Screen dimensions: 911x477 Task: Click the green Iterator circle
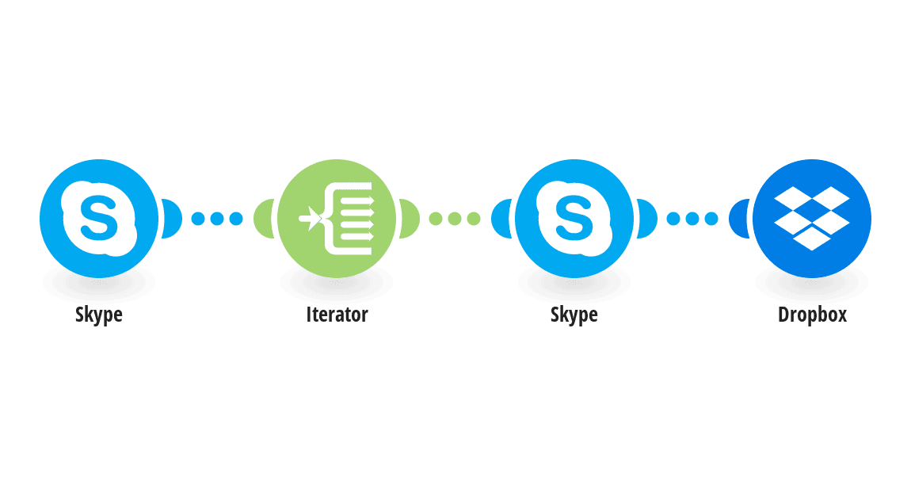[x=337, y=219]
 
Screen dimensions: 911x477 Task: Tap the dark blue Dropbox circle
[x=812, y=219]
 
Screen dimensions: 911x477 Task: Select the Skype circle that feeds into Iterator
[x=99, y=219]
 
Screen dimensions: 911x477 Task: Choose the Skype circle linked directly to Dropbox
[x=574, y=219]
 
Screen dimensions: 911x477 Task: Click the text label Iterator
[x=337, y=315]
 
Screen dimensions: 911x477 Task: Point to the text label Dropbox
[x=812, y=315]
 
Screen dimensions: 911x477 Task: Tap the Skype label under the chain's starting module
[x=99, y=315]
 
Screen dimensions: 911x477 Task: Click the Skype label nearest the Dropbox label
[x=574, y=315]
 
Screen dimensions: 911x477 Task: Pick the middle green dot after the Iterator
[x=455, y=219]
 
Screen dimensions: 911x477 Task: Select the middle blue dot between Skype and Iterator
[x=217, y=219]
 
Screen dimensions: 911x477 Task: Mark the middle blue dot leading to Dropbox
[x=692, y=219]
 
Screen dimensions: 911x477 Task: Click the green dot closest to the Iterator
[x=436, y=219]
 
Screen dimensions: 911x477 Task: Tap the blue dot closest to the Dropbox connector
[x=711, y=219]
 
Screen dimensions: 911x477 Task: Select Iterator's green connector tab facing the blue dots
[x=263, y=219]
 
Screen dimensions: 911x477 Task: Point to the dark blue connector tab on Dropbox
[x=738, y=219]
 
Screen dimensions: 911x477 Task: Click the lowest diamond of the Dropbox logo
[x=812, y=238]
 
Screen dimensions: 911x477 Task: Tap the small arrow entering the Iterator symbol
[x=310, y=219]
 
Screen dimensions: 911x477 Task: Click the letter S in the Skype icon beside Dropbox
[x=574, y=218]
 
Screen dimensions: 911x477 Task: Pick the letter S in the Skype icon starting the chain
[x=99, y=218]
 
